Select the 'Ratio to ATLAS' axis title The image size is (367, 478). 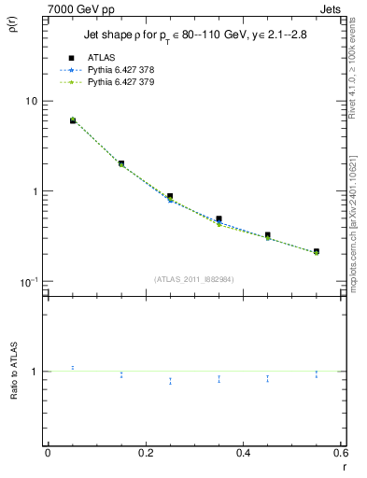pos(12,372)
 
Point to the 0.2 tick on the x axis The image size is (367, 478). pos(145,452)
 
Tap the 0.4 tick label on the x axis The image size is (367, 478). pos(243,452)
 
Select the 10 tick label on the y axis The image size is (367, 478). pos(31,101)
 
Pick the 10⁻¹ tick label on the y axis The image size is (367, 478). pos(29,282)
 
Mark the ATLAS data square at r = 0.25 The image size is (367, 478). pos(170,196)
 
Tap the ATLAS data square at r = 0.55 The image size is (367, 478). pos(316,251)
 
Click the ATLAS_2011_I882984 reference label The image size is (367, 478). pos(193,278)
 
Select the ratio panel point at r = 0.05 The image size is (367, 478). pos(73,368)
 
